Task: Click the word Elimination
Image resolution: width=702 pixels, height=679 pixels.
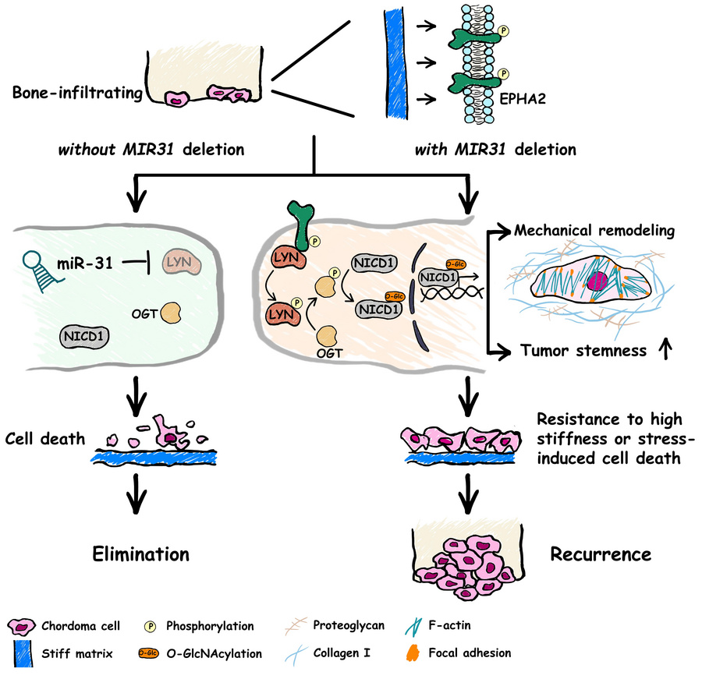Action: coord(140,554)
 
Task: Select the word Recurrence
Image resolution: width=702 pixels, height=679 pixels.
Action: coord(601,554)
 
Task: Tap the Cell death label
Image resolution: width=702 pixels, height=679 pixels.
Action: coord(44,438)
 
